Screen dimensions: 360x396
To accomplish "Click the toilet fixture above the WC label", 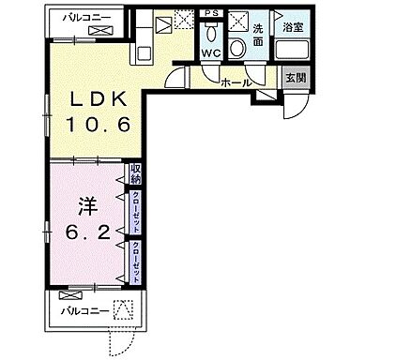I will (210, 36).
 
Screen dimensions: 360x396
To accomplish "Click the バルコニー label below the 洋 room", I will (82, 309).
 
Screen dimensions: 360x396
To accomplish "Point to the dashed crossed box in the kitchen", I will (182, 19).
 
